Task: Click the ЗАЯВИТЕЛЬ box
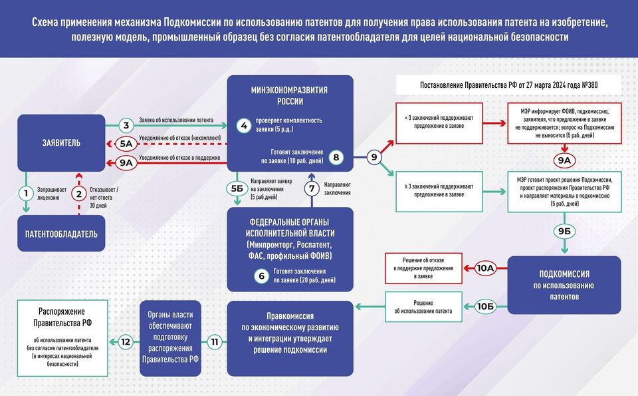tap(61, 142)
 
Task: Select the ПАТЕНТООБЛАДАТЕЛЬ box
tap(61, 234)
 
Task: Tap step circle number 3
tap(126, 125)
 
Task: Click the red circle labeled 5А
tap(126, 143)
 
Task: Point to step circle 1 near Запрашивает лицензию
tap(26, 194)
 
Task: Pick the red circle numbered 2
tap(79, 194)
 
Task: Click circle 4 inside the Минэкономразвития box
tap(244, 125)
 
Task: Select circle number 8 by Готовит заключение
tap(336, 157)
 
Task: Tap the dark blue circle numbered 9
tap(373, 157)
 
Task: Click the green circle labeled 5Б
tap(237, 189)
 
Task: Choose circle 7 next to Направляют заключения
tap(310, 189)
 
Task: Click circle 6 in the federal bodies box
tap(262, 276)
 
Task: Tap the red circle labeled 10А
tap(485, 268)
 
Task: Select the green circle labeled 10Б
tap(485, 305)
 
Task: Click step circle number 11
tap(214, 342)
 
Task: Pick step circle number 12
tap(125, 342)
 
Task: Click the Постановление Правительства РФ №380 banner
tap(508, 85)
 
